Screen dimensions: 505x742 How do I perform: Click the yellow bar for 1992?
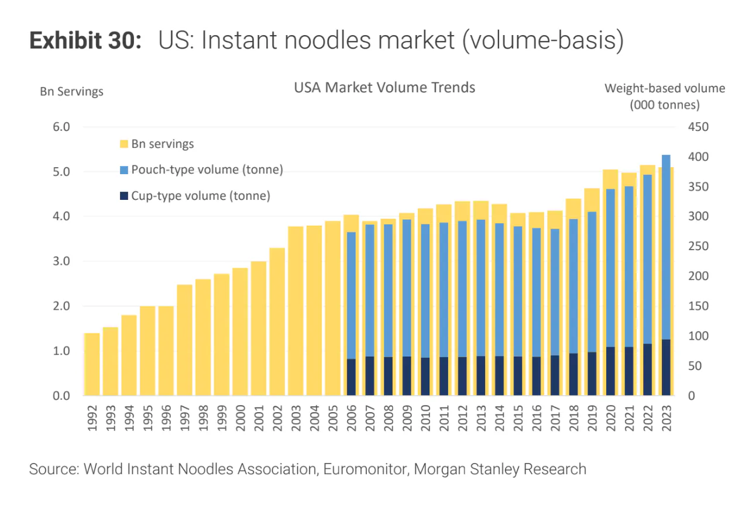(x=92, y=364)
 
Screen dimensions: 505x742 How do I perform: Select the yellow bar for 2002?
(x=276, y=321)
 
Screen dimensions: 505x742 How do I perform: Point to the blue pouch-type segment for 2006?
(x=351, y=295)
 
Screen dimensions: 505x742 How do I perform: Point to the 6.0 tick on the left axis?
(x=61, y=127)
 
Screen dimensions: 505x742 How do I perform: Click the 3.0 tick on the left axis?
(x=61, y=261)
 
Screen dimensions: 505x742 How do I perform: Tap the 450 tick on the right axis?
(x=698, y=127)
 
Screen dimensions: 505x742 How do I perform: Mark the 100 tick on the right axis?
(x=698, y=336)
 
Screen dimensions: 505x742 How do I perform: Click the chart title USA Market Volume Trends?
(x=384, y=88)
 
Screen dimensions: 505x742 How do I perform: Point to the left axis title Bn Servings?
(x=71, y=92)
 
